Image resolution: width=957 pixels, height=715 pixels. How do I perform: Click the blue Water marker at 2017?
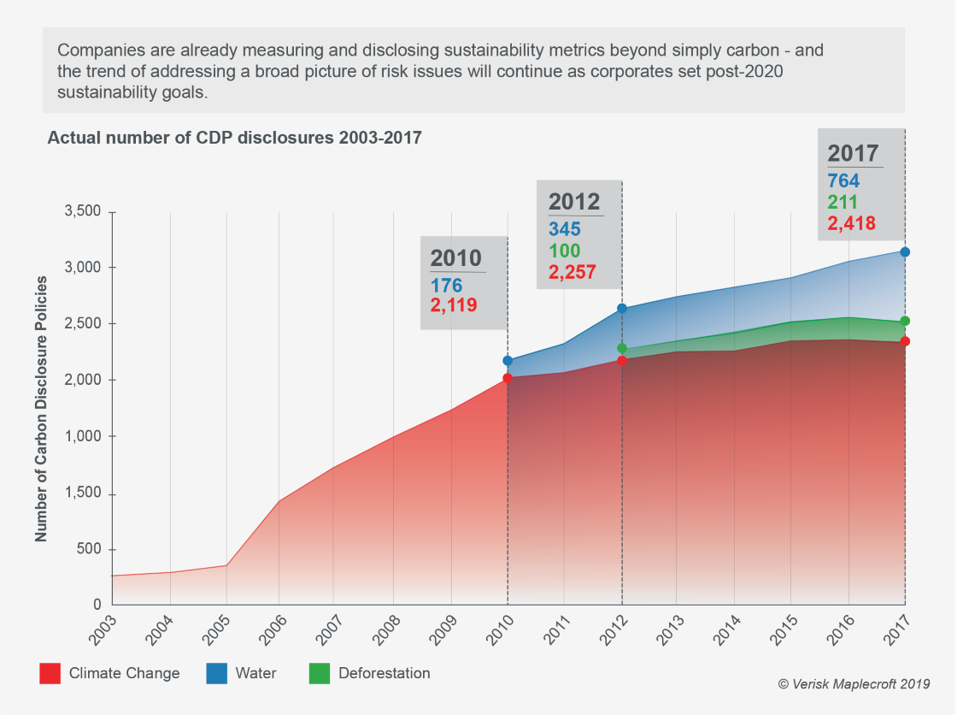[x=905, y=252]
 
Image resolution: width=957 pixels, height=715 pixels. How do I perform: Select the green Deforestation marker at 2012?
[x=622, y=349]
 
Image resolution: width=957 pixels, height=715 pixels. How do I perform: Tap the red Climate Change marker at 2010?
[x=508, y=378]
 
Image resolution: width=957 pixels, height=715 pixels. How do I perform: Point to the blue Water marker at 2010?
[x=508, y=361]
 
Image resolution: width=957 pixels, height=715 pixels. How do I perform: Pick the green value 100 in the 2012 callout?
[x=564, y=251]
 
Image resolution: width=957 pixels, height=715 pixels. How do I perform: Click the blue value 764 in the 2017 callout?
[x=843, y=181]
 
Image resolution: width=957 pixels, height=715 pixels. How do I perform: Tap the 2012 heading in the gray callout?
[x=574, y=202]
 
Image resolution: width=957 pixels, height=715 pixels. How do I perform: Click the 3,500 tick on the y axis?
[x=83, y=211]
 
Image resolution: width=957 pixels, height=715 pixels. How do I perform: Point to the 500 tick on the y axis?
[x=90, y=549]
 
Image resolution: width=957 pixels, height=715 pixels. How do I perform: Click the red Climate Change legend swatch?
[x=50, y=674]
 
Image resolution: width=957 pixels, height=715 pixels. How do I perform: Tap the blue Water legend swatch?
[x=216, y=674]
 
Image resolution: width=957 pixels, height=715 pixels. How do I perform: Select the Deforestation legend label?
[x=384, y=673]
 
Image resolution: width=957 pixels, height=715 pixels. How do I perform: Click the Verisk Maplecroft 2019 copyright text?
[x=854, y=683]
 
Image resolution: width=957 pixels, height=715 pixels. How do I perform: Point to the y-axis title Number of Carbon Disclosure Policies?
[x=41, y=408]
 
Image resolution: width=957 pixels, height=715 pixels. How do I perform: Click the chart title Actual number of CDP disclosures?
[x=234, y=138]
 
